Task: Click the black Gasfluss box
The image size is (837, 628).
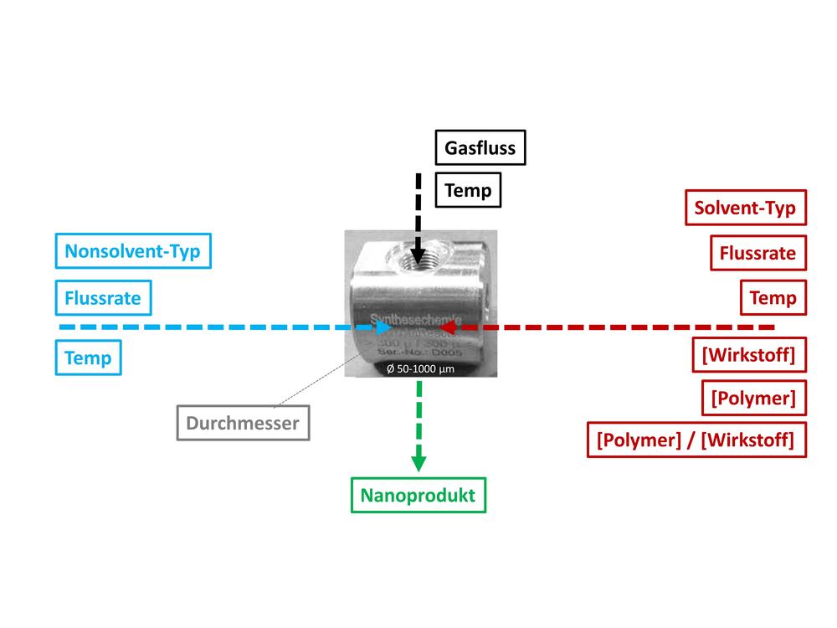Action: point(480,149)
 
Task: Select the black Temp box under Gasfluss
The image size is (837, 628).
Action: point(468,191)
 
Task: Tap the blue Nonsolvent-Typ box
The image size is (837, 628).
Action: point(133,250)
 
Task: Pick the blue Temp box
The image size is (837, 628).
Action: point(88,358)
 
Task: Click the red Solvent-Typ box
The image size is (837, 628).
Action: point(745,208)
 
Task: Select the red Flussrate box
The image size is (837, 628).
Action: point(757,252)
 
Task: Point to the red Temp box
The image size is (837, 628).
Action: point(773,296)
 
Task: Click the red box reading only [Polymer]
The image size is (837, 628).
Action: point(752,398)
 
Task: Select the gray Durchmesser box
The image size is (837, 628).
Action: point(242,423)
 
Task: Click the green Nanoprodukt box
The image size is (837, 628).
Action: point(417,495)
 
